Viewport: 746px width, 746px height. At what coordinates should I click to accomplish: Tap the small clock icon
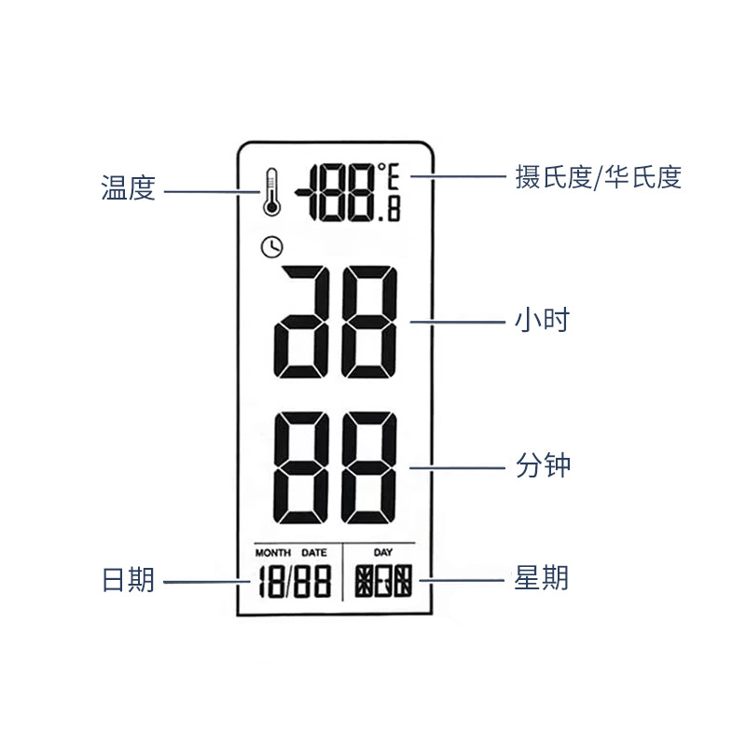pyautogui.click(x=271, y=247)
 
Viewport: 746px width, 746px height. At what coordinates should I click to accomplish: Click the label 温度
pyautogui.click(x=128, y=189)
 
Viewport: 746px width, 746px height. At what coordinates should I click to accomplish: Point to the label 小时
pyautogui.click(x=542, y=321)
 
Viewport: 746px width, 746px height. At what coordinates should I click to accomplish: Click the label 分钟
pyautogui.click(x=542, y=464)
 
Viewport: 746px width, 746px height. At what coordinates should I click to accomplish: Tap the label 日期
pyautogui.click(x=128, y=580)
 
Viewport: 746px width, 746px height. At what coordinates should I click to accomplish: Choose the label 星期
pyautogui.click(x=542, y=578)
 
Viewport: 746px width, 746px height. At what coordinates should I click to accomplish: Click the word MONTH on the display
pyautogui.click(x=273, y=553)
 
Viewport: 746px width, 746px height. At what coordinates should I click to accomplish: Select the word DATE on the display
pyautogui.click(x=314, y=553)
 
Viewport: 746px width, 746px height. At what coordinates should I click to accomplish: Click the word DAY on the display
pyautogui.click(x=383, y=553)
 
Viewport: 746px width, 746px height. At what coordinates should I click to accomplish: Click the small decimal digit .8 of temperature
pyautogui.click(x=391, y=211)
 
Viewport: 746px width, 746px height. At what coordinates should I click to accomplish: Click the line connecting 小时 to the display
pyautogui.click(x=456, y=322)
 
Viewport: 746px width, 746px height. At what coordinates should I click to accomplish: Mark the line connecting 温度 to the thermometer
pyautogui.click(x=210, y=192)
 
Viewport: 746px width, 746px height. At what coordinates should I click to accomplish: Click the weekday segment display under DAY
pyautogui.click(x=382, y=583)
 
